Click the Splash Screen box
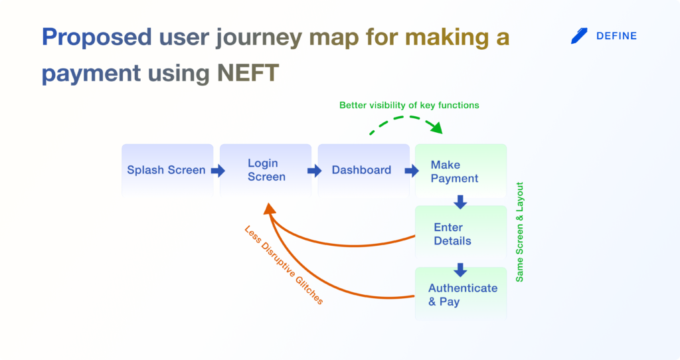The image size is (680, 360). (x=167, y=170)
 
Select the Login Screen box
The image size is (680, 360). (x=266, y=170)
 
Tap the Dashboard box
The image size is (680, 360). (x=363, y=170)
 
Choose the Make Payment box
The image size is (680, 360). (x=461, y=171)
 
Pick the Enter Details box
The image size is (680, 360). (x=461, y=232)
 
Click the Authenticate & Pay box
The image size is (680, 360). (x=461, y=294)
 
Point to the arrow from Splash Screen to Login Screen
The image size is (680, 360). (x=218, y=171)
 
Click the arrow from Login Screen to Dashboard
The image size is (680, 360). (x=314, y=171)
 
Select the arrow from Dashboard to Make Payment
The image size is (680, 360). (x=412, y=171)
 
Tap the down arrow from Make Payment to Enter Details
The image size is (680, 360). (x=461, y=202)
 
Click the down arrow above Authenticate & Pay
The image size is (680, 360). (x=461, y=270)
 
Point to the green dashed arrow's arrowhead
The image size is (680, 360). (x=436, y=127)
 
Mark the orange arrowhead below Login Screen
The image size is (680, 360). (x=270, y=209)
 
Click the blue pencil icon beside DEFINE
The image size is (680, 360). (x=579, y=36)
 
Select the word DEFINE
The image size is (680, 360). (x=616, y=36)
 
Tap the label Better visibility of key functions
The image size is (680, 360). (x=409, y=105)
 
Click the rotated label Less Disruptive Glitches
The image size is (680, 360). (x=284, y=265)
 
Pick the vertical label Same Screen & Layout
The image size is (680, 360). (x=519, y=232)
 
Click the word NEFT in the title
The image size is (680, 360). (x=248, y=72)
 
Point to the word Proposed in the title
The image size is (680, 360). (x=97, y=38)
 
